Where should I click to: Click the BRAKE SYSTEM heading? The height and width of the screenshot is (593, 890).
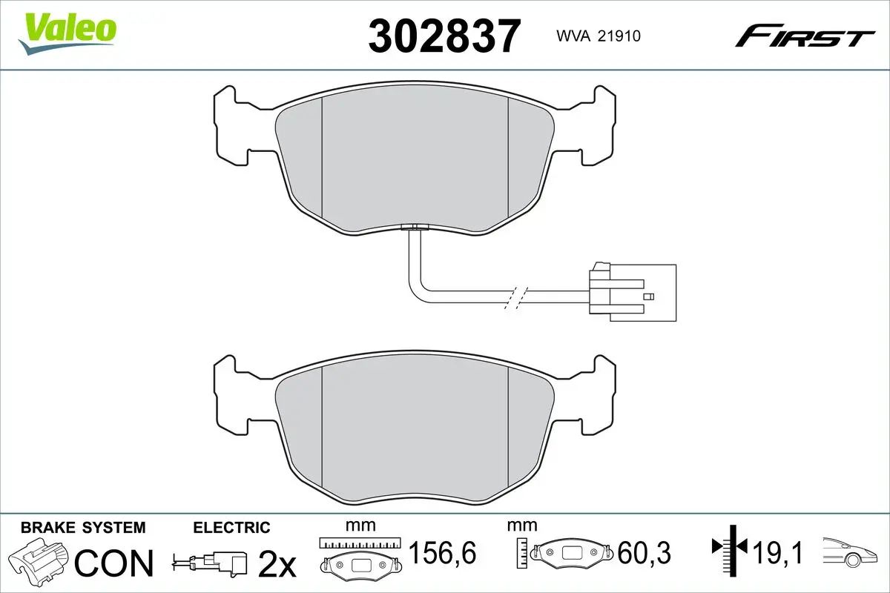(x=82, y=528)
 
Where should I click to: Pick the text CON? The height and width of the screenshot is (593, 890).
(x=114, y=563)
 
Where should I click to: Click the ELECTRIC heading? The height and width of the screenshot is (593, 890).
(x=231, y=528)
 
